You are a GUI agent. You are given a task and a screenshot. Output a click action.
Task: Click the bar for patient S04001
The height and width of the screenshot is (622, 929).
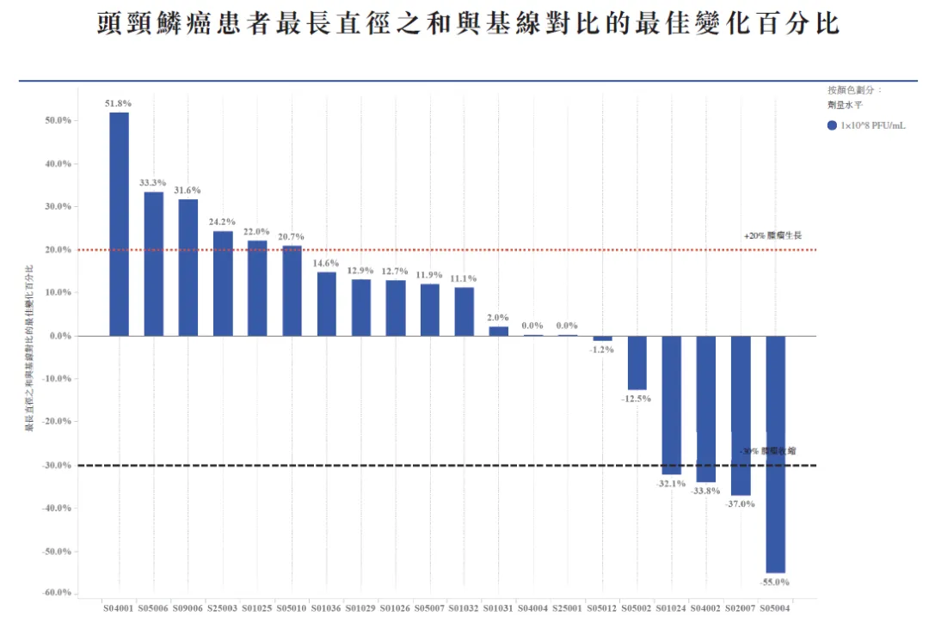point(119,223)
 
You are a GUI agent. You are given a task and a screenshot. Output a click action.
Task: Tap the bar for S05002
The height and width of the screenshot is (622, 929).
point(637,363)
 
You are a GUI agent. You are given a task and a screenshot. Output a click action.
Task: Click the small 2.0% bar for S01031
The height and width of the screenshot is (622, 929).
point(499,331)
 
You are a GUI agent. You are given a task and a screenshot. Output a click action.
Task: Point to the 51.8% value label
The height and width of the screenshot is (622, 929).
point(119,104)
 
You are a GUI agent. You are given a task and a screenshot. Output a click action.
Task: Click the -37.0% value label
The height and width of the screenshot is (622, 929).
point(740,504)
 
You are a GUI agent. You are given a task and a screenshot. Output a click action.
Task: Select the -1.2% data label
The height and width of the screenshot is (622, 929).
point(602,350)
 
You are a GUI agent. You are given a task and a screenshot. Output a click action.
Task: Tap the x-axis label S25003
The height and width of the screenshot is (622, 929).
point(223,608)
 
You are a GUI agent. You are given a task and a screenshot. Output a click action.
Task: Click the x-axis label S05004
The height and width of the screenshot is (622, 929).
point(775,608)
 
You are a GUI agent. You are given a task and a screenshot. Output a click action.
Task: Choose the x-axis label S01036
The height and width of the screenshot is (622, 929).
point(326,608)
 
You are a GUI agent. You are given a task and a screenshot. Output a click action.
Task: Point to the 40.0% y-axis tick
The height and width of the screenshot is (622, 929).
point(58,163)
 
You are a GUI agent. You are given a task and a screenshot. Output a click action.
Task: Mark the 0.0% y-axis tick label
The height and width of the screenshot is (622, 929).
point(59,336)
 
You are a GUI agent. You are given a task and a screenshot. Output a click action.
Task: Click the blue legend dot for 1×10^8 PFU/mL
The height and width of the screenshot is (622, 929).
point(832,125)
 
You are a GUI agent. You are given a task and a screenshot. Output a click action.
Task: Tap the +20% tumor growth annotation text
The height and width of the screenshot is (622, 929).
point(772,235)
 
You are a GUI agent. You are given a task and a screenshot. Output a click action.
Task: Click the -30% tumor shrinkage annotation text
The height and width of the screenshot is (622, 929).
point(768,451)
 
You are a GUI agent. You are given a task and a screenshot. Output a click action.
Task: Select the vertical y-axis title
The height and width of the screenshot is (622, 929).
point(30,348)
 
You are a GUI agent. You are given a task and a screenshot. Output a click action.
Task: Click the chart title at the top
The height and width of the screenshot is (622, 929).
point(469,25)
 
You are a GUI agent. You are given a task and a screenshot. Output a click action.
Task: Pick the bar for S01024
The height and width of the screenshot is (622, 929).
point(671,405)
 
